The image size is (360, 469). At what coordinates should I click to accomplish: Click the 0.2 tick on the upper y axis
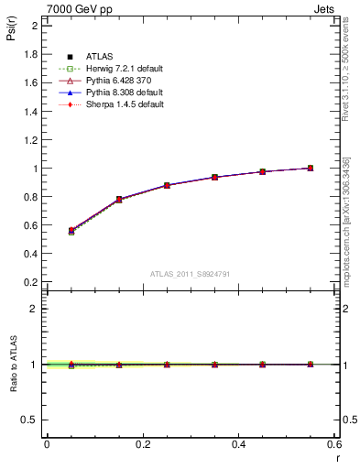pyautogui.click(x=31, y=283)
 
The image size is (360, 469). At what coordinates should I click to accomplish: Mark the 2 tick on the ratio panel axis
pyautogui.click(x=34, y=309)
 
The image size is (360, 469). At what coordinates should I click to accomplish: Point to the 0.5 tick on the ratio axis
pyautogui.click(x=29, y=420)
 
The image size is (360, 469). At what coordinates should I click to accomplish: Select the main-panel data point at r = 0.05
pyautogui.click(x=71, y=231)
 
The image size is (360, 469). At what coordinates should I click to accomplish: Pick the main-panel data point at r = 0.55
pyautogui.click(x=311, y=168)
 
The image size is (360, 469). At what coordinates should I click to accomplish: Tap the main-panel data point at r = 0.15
pyautogui.click(x=119, y=199)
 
